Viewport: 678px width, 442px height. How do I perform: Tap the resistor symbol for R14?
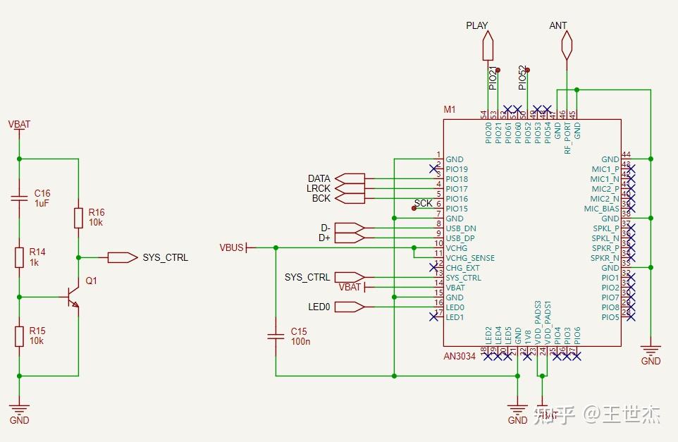(x=20, y=258)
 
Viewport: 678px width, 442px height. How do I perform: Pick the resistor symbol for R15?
(x=20, y=336)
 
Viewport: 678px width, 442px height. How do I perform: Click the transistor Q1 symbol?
(x=71, y=297)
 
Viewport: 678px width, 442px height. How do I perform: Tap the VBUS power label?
(x=231, y=247)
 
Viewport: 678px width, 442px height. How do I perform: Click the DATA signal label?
(x=319, y=179)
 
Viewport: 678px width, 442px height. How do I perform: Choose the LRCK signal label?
(x=319, y=189)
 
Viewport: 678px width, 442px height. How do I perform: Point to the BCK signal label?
(x=321, y=199)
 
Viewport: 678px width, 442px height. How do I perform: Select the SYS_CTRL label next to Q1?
(x=165, y=258)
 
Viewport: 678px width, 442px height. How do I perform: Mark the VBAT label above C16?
(x=19, y=125)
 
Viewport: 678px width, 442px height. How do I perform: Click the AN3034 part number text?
(x=460, y=356)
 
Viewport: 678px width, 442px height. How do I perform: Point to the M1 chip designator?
(x=450, y=110)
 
